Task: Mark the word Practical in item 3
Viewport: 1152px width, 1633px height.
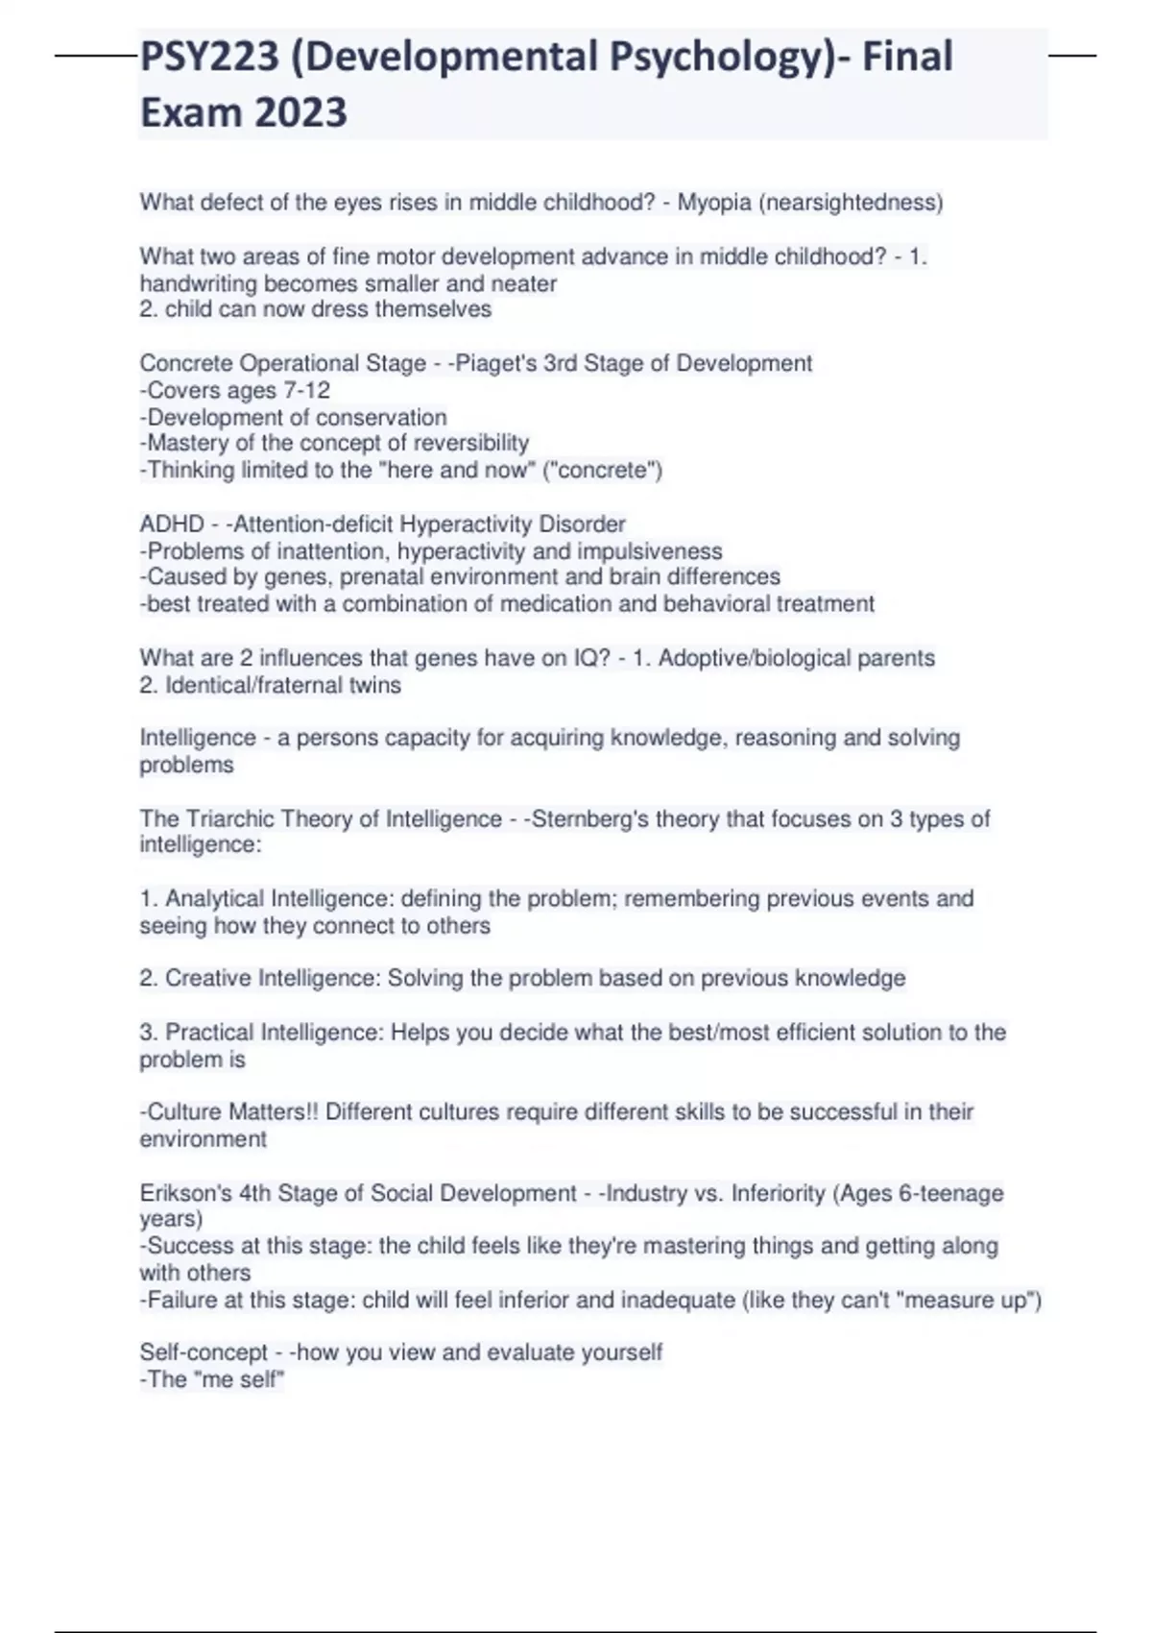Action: [x=209, y=1033]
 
